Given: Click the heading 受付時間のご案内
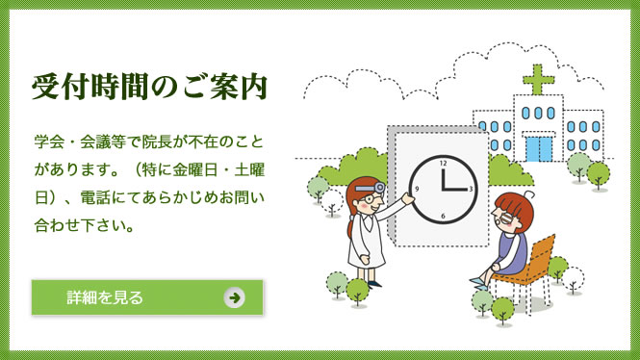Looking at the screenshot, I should (148, 86).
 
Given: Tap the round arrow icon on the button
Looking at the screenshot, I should (234, 296).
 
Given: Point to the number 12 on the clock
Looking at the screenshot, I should (444, 164).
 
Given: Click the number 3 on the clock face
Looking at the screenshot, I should (471, 191).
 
